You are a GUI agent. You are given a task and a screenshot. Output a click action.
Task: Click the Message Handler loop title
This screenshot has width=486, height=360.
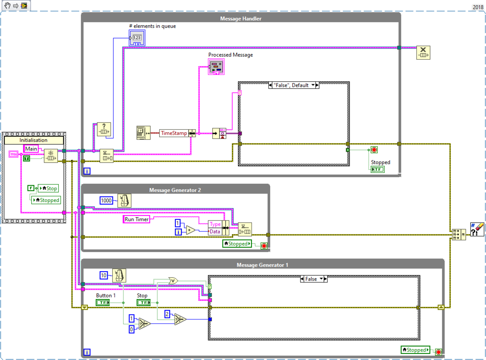point(241,19)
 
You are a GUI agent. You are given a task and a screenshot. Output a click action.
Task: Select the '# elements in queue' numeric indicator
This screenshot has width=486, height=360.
point(137,39)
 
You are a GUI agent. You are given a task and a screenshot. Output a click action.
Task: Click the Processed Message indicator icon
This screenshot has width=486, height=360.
point(215,66)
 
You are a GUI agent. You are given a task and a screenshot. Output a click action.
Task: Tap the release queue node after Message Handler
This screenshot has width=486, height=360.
point(423,53)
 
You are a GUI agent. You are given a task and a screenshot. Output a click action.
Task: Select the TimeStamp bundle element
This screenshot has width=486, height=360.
point(174,133)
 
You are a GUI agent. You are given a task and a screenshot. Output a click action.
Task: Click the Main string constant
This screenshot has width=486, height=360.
point(31,149)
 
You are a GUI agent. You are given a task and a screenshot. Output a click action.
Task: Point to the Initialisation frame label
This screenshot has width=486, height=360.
point(34,140)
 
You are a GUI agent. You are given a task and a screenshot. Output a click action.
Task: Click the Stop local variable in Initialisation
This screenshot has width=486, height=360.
point(48,188)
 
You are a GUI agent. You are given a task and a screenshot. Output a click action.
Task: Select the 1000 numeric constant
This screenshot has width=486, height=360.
point(106,200)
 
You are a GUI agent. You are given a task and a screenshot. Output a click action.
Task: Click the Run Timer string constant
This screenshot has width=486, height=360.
point(136,219)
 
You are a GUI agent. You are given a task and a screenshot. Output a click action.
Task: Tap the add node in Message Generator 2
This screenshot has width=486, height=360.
point(190,229)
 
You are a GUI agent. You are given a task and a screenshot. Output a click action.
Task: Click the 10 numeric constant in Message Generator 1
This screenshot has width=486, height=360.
point(104,276)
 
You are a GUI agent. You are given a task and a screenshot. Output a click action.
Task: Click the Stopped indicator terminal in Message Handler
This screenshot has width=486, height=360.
point(377,169)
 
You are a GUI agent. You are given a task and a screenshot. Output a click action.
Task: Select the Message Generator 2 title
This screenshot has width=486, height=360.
point(175,190)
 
